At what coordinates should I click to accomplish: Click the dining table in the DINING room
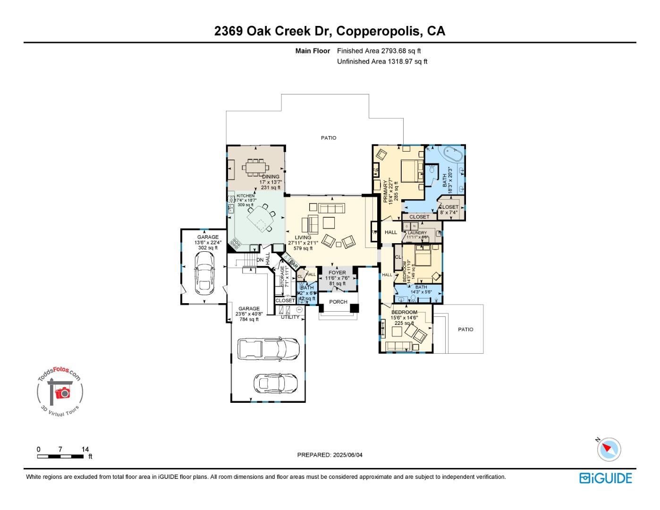click(255, 167)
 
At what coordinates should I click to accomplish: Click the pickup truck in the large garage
click(268, 348)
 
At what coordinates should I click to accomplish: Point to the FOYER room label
click(337, 272)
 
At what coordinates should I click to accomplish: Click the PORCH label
click(338, 302)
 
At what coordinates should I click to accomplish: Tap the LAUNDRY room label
click(417, 233)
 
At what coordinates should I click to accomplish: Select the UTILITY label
click(290, 317)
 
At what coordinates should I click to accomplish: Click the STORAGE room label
click(283, 276)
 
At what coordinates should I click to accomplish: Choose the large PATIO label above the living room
click(329, 138)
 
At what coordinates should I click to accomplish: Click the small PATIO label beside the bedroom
click(465, 330)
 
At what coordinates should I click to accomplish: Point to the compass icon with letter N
click(609, 449)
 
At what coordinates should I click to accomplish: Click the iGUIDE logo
click(605, 478)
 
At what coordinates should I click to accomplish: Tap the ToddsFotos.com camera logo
click(60, 392)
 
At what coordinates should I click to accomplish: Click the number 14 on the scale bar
click(85, 450)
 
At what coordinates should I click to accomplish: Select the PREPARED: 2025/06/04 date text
click(330, 455)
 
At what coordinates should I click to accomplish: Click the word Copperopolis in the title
click(379, 31)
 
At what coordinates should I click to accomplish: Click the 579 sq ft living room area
click(303, 248)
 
